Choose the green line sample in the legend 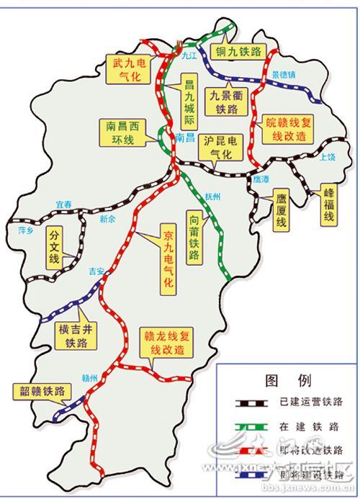click(x=246, y=426)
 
